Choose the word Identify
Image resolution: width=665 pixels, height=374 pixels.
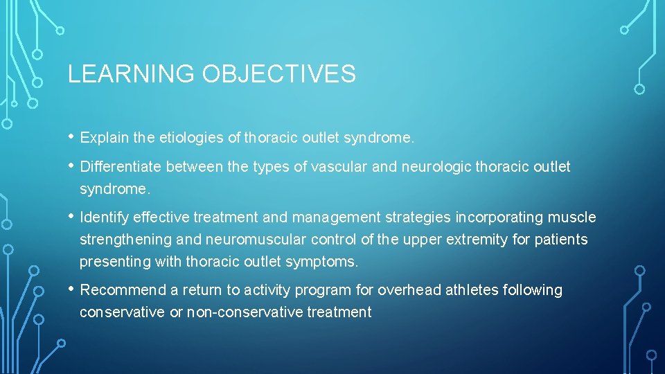pyautogui.click(x=104, y=217)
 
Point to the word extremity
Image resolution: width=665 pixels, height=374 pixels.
pyautogui.click(x=475, y=240)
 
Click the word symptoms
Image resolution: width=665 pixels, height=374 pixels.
pyautogui.click(x=324, y=262)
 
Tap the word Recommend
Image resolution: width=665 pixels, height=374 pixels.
pyautogui.click(x=123, y=290)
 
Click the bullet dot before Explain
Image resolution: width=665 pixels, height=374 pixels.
pyautogui.click(x=72, y=137)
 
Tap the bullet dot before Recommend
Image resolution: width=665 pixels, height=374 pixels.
pyautogui.click(x=72, y=290)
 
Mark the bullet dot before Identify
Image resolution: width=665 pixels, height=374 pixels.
pyautogui.click(x=72, y=217)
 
